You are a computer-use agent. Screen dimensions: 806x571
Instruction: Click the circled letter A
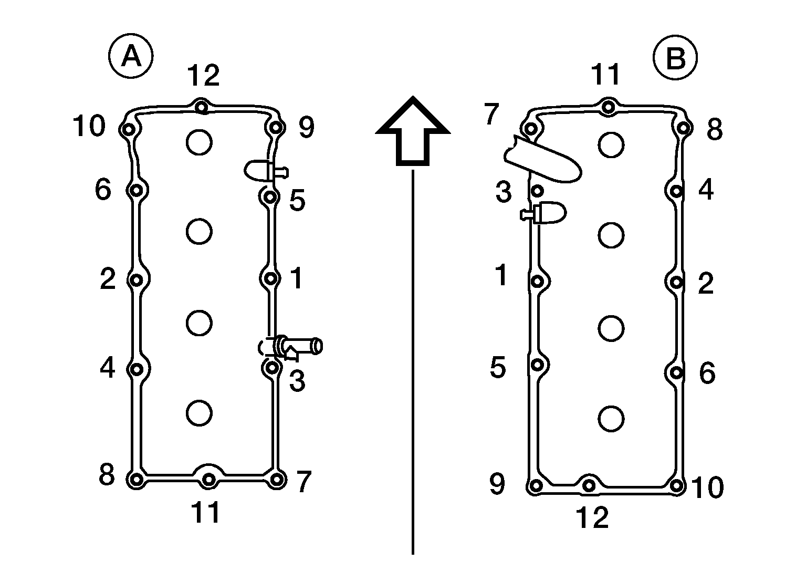[x=131, y=56]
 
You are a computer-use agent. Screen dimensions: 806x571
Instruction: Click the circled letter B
[x=675, y=58]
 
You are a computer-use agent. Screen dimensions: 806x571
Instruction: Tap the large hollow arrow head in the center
[x=413, y=131]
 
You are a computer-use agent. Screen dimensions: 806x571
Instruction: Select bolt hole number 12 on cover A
[x=202, y=107]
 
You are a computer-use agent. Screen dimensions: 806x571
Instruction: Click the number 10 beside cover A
[x=89, y=126]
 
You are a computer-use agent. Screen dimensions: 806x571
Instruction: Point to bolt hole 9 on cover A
[x=276, y=128]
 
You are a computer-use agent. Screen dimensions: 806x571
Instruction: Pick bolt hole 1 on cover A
[x=271, y=278]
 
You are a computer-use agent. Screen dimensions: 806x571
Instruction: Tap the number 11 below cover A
[x=206, y=513]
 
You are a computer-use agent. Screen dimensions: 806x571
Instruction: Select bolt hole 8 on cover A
[x=137, y=480]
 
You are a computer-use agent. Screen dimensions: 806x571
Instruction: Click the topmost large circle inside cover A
[x=200, y=142]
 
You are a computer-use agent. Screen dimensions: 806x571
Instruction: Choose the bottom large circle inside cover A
[x=200, y=413]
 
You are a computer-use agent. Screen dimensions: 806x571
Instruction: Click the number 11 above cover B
[x=606, y=75]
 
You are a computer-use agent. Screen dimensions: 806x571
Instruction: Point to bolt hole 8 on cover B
[x=684, y=128]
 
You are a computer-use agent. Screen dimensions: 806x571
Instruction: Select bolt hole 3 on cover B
[x=538, y=191]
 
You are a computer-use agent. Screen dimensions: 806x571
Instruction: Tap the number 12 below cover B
[x=592, y=518]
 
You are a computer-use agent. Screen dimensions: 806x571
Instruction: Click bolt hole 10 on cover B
[x=676, y=486]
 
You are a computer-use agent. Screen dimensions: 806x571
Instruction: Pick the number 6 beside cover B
[x=707, y=373]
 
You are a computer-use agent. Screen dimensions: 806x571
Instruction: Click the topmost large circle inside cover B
[x=611, y=145]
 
